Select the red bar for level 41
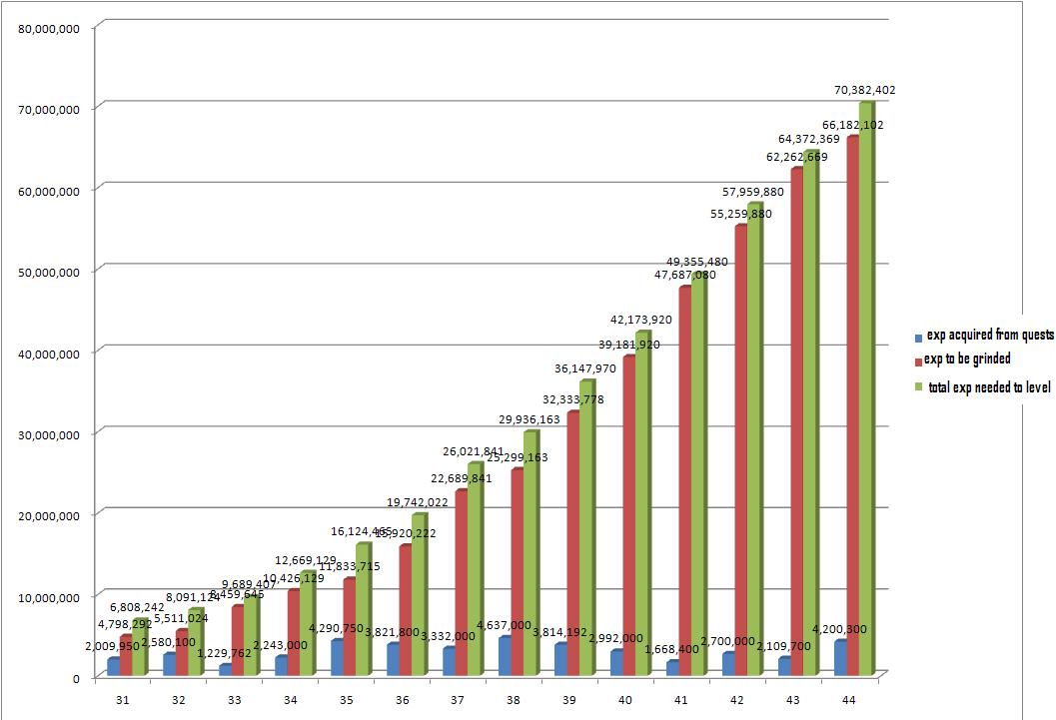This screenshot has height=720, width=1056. [x=684, y=480]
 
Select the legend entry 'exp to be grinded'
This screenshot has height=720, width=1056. [x=966, y=360]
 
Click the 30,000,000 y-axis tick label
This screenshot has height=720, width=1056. [x=49, y=434]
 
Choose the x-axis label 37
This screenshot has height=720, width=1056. [x=458, y=702]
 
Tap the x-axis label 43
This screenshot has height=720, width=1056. [x=793, y=702]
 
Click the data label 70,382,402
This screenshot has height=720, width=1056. [x=864, y=90]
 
